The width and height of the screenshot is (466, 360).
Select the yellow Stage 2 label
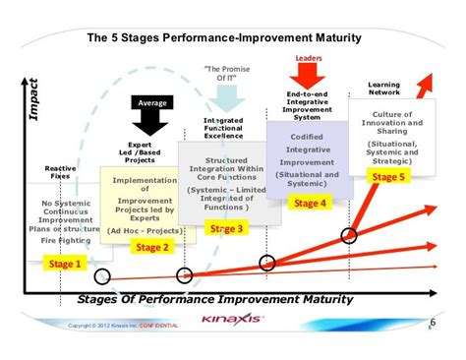click(x=152, y=247)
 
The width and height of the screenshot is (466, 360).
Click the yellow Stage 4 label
click(x=311, y=203)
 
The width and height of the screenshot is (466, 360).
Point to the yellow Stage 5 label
click(x=387, y=177)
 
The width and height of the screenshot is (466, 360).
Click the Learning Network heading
click(x=384, y=90)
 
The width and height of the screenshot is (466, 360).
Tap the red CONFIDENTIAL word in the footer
click(x=158, y=326)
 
